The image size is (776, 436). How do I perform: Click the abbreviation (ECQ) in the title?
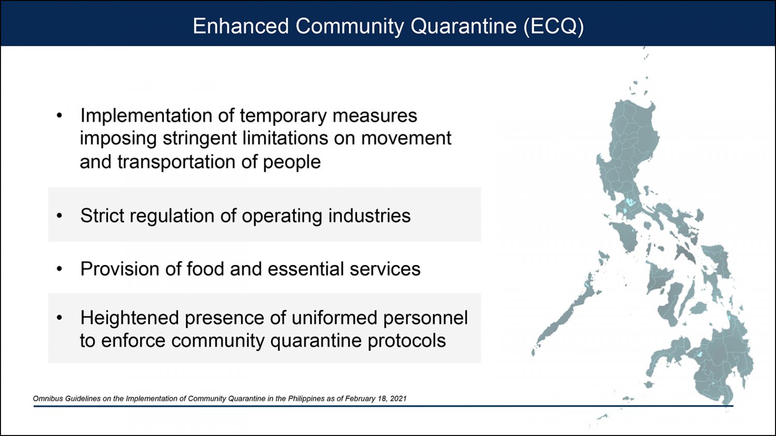[554, 26]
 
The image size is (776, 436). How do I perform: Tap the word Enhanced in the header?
[241, 26]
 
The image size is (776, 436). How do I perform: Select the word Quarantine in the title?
[464, 26]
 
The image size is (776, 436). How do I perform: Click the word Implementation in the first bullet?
[146, 116]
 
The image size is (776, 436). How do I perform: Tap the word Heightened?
[129, 318]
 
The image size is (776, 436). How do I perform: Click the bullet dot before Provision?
[59, 269]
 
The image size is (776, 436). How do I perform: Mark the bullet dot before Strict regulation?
[59, 215]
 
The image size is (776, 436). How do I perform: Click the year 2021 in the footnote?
[398, 399]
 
